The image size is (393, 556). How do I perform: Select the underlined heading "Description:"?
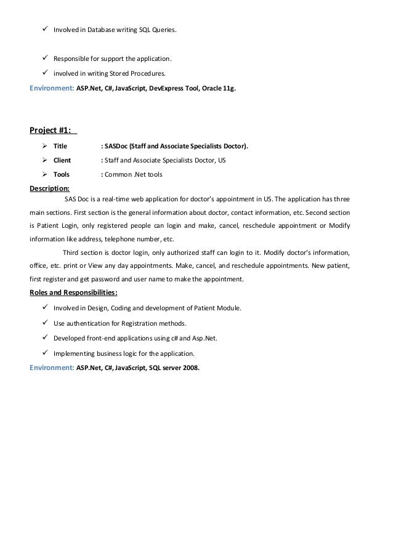pyautogui.click(x=49, y=189)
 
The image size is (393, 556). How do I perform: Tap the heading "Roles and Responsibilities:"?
pyautogui.click(x=73, y=292)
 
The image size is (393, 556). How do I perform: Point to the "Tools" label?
pyautogui.click(x=62, y=174)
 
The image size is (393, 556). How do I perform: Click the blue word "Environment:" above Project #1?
pyautogui.click(x=51, y=88)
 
